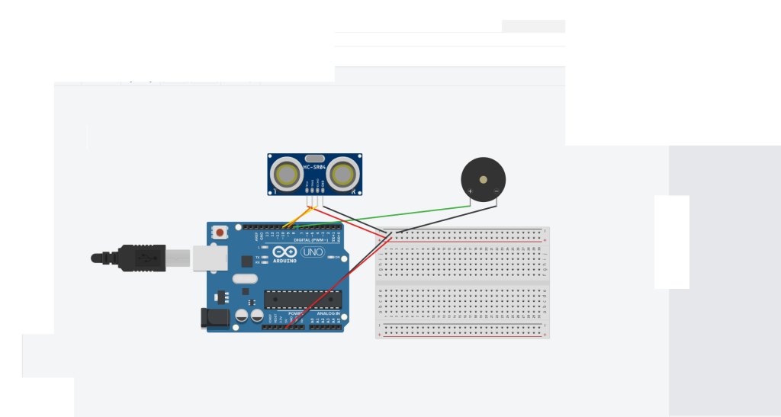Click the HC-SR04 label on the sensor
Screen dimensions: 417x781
click(314, 166)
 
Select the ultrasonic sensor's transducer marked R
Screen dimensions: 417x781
click(343, 174)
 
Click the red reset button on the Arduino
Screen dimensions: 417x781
click(220, 231)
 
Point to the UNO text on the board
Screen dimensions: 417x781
click(313, 252)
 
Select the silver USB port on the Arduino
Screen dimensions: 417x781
click(204, 258)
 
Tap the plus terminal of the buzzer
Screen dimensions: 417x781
click(471, 191)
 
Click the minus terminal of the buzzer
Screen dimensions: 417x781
click(496, 191)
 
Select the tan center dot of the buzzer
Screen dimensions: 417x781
click(483, 178)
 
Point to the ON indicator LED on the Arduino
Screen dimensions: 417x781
click(329, 258)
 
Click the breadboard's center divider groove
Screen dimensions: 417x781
click(462, 283)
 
